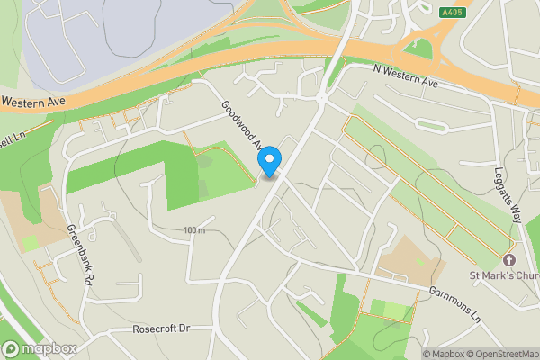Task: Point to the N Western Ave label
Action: pos(405,78)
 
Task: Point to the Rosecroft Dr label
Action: pos(162,329)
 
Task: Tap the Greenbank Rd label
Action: pos(77,256)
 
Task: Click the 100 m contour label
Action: pos(193,231)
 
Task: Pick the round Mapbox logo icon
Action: pos(12,348)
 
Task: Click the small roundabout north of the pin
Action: pos(320,96)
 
